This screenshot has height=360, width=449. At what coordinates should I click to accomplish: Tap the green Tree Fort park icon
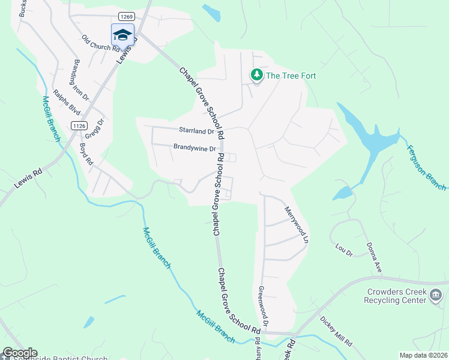click(257, 75)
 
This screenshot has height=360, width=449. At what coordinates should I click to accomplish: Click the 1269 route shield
click(125, 16)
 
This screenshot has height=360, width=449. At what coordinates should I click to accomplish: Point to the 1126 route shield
click(79, 125)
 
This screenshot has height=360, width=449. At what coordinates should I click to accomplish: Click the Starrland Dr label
click(196, 130)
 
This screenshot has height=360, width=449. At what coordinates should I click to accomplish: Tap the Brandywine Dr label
click(194, 147)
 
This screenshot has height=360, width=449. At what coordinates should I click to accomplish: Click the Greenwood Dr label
click(262, 304)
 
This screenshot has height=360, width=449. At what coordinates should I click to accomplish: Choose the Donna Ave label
click(374, 259)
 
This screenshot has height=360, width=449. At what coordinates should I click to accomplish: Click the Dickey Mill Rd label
click(336, 332)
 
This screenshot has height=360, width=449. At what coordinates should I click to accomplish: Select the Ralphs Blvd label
click(67, 102)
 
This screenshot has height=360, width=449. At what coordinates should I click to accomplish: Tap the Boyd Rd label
click(86, 154)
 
